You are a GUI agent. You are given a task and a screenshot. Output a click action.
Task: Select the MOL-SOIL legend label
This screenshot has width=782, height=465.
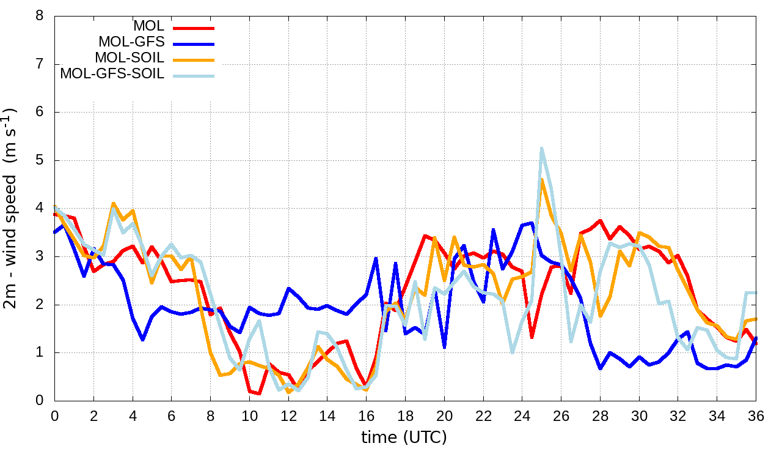click(130, 58)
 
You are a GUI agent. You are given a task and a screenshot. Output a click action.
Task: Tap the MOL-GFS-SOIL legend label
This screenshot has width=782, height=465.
click(112, 74)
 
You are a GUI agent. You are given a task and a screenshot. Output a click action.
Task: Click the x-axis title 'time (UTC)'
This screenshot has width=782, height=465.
click(404, 437)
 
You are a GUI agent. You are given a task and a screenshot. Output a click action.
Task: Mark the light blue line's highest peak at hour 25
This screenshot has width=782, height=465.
click(541, 148)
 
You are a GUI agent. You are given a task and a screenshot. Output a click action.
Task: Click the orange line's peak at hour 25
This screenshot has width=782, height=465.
click(541, 179)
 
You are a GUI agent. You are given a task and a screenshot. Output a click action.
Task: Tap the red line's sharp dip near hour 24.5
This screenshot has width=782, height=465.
click(532, 337)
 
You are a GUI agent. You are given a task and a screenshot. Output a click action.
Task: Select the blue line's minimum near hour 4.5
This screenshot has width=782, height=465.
click(142, 340)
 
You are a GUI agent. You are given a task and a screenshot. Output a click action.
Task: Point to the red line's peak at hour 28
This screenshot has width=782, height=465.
click(601, 220)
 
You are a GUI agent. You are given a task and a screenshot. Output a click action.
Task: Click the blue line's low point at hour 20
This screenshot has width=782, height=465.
click(444, 347)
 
